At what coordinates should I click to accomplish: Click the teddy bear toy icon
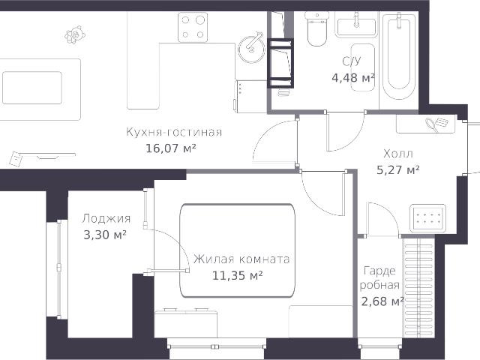coord(75,35)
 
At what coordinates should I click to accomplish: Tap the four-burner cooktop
coord(193,27)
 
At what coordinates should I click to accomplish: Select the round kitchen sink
coord(251,49)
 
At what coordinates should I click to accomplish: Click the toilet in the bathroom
coord(317,29)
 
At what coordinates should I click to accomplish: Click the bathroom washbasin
coord(356,26)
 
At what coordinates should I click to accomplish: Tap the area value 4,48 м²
coord(353,78)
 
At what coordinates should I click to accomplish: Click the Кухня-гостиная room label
coord(174,132)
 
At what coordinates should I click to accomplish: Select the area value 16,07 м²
coord(171,148)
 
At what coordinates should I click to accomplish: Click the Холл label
coord(398,153)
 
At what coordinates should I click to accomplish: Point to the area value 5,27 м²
coord(397,169)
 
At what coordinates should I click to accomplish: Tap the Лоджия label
coord(106,219)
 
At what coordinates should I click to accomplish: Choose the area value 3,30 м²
coord(105,235)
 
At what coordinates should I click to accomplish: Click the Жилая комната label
coord(241,259)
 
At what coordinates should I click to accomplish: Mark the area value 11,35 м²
coord(238,276)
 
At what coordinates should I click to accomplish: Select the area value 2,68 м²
coord(382,301)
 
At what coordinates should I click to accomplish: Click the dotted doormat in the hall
coord(428,218)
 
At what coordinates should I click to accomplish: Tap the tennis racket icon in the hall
coord(433,125)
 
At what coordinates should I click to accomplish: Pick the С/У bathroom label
coord(352,61)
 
